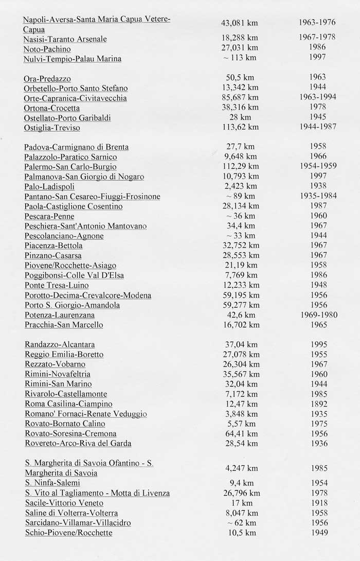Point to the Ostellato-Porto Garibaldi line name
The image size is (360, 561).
point(68,118)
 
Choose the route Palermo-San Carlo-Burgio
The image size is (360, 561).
point(70,167)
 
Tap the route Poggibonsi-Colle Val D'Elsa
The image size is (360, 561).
point(74,275)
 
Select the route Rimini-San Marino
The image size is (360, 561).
point(58,384)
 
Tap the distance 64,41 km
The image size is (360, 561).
point(239,433)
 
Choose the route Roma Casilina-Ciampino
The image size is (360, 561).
point(68,404)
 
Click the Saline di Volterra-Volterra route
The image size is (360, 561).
point(71,513)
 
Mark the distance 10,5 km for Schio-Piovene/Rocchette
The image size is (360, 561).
point(239,532)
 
